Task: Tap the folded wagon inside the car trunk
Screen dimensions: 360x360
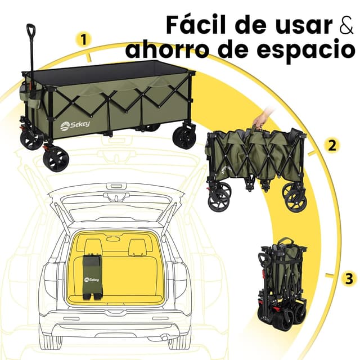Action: [x=92, y=276]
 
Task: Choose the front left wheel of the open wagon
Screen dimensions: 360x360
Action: [x=56, y=159]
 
